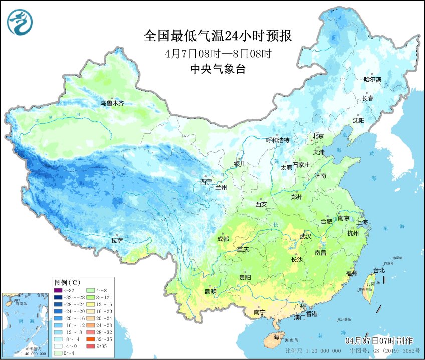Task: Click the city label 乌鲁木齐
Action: (x=111, y=103)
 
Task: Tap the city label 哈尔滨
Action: (x=372, y=80)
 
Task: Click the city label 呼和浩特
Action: (x=277, y=140)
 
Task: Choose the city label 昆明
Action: (x=210, y=292)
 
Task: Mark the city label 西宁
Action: (x=206, y=182)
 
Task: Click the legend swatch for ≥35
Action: (x=91, y=346)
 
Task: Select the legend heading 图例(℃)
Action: (x=68, y=282)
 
